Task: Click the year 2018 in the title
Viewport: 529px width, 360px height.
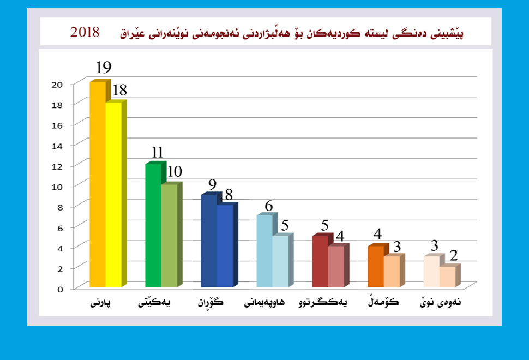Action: click(85, 32)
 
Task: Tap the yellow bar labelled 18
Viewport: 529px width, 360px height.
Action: click(113, 194)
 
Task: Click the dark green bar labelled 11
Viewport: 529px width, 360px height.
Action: click(153, 225)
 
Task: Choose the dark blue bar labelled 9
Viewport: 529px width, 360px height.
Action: click(209, 241)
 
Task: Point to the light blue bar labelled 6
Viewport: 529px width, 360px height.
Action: click(264, 251)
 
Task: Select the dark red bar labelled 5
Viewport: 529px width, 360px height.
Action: click(320, 261)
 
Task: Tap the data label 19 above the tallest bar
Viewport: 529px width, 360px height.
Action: click(104, 68)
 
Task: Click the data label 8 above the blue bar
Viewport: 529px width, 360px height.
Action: click(229, 194)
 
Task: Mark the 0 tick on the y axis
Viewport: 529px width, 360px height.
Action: click(61, 289)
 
